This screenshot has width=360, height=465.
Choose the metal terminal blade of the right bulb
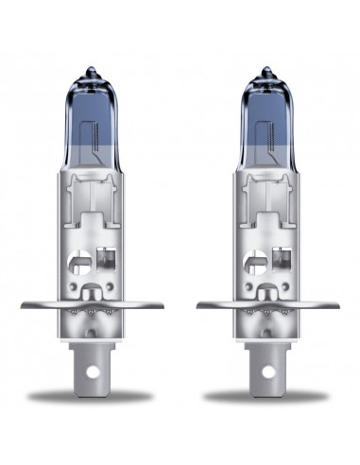[268, 378]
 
